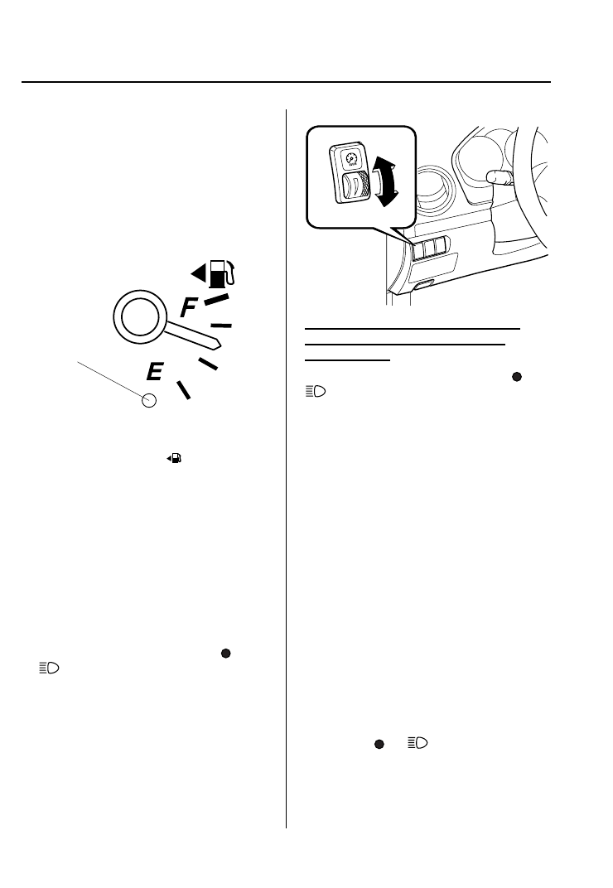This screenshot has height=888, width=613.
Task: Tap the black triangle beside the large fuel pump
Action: point(197,273)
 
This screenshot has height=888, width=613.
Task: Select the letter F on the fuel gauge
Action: point(189,309)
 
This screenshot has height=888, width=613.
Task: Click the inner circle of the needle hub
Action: point(134,316)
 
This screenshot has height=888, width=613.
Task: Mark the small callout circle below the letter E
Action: point(149,401)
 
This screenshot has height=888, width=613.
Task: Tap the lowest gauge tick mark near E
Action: point(183,388)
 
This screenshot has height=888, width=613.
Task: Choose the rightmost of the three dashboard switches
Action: point(442,246)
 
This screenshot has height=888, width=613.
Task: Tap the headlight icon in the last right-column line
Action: point(417,745)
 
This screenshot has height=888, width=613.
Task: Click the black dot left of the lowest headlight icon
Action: point(378,745)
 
